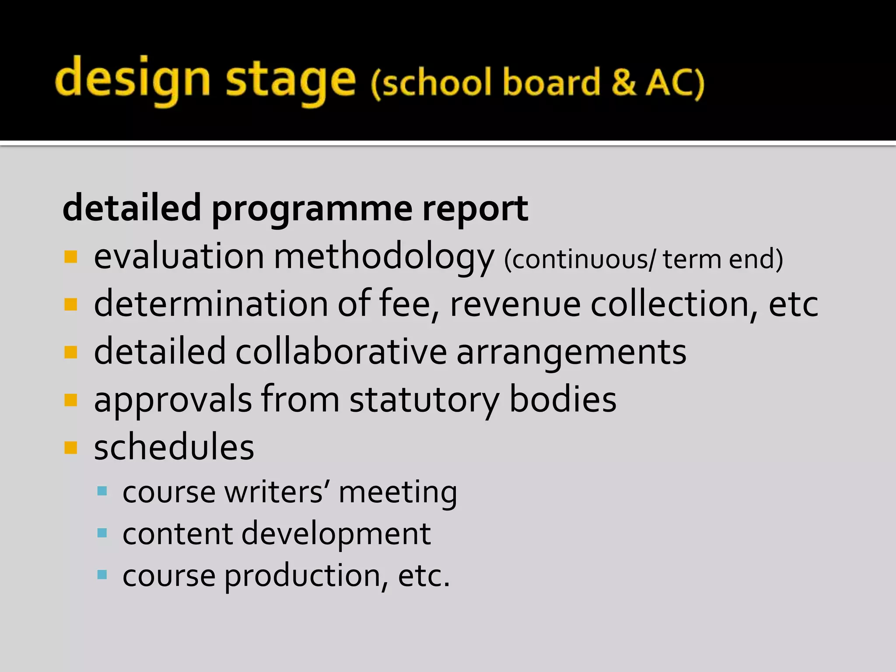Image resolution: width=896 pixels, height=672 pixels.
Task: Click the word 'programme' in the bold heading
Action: [x=312, y=209]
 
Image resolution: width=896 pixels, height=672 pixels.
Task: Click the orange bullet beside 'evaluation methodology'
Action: [x=70, y=257]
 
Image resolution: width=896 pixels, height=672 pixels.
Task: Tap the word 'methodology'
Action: [x=384, y=257]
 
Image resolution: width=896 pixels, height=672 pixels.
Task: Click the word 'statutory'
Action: [x=424, y=400]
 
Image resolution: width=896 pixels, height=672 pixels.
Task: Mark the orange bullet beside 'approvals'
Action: [x=70, y=400]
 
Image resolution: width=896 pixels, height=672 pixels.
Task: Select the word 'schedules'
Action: [x=174, y=448]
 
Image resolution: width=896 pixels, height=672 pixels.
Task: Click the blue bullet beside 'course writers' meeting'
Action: [x=102, y=491]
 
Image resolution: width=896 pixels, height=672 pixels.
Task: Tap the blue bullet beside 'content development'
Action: [x=102, y=533]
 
